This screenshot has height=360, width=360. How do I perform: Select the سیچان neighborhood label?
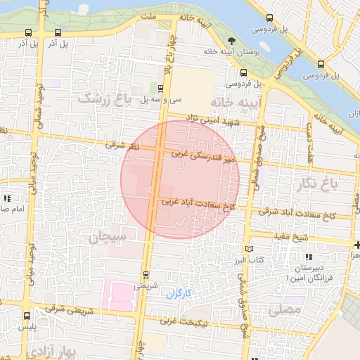[x=108, y=237]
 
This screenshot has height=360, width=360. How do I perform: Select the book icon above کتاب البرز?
[x=247, y=249]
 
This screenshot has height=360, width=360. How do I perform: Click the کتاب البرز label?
[x=247, y=260]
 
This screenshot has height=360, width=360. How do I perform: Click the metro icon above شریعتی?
[x=146, y=274]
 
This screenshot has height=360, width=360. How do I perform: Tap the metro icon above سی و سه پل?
[x=161, y=89]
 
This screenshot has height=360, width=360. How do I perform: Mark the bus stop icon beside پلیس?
[x=27, y=316]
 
